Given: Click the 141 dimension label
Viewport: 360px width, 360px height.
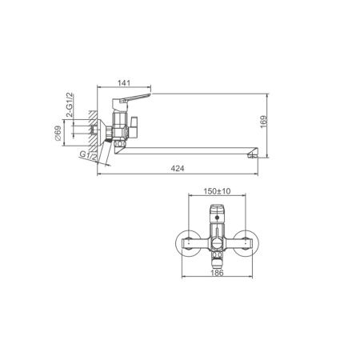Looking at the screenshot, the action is [124, 83].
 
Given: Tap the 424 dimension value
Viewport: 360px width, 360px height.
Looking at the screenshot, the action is [178, 169].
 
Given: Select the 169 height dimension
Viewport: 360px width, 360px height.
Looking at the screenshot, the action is [263, 122].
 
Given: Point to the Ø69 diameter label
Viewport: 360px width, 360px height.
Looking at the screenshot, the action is [58, 133].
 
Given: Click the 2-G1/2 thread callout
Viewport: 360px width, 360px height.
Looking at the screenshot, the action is [69, 105].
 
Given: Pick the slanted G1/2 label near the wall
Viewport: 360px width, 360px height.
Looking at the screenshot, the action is [88, 156].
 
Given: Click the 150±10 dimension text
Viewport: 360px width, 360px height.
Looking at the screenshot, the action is [217, 191].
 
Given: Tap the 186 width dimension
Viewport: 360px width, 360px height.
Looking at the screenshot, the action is [217, 273].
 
